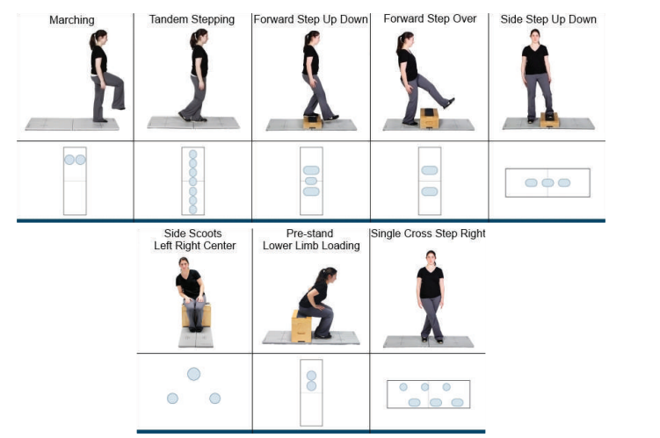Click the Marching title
pyautogui.click(x=72, y=20)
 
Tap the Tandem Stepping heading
pyautogui.click(x=192, y=19)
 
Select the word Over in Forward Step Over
pyautogui.click(x=465, y=18)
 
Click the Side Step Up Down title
pyautogui.click(x=548, y=19)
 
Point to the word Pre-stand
pyautogui.click(x=310, y=233)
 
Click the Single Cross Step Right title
pyautogui.click(x=428, y=233)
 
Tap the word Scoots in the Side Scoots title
pyautogui.click(x=205, y=233)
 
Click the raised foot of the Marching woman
pyautogui.click(x=119, y=107)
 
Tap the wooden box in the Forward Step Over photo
pyautogui.click(x=430, y=118)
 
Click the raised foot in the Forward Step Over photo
pyautogui.click(x=450, y=103)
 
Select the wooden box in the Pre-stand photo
pyautogui.click(x=301, y=327)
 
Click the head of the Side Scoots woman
pyautogui.click(x=184, y=264)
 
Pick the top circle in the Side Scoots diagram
pyautogui.click(x=193, y=374)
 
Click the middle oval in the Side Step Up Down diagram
pyautogui.click(x=548, y=183)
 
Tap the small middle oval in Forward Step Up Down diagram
pyautogui.click(x=311, y=181)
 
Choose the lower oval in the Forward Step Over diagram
pyautogui.click(x=430, y=191)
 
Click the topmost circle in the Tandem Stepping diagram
pyautogui.click(x=192, y=154)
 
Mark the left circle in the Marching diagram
pyautogui.click(x=69, y=160)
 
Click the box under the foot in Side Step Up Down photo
pyautogui.click(x=550, y=119)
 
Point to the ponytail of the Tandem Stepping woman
pyautogui.click(x=193, y=39)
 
